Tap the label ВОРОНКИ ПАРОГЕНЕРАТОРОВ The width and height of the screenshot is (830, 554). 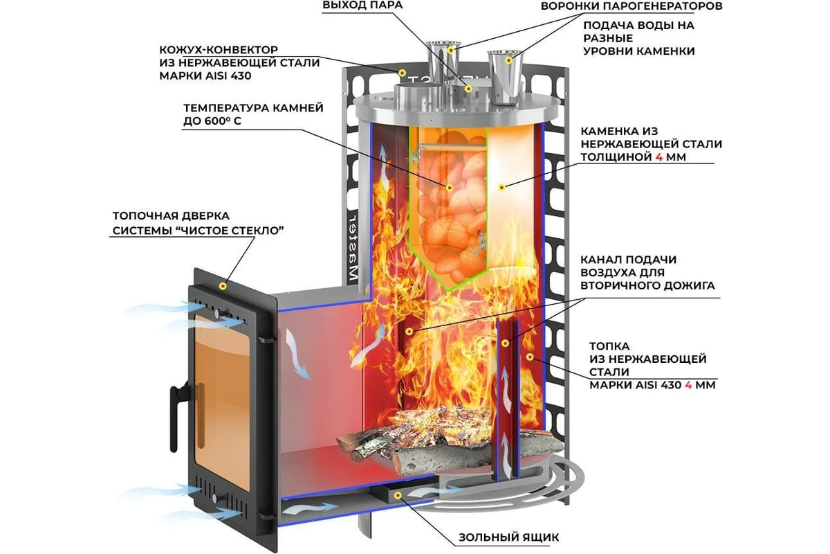(631, 6)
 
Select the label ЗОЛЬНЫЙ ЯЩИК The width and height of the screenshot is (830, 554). (508, 537)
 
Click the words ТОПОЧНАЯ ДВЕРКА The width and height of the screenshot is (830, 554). (170, 215)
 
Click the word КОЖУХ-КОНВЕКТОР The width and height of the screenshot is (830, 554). (218, 51)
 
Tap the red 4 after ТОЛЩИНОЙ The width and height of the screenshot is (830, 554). (649, 157)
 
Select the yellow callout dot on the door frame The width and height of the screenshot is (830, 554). (223, 285)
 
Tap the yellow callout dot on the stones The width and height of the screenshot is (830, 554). (448, 187)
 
